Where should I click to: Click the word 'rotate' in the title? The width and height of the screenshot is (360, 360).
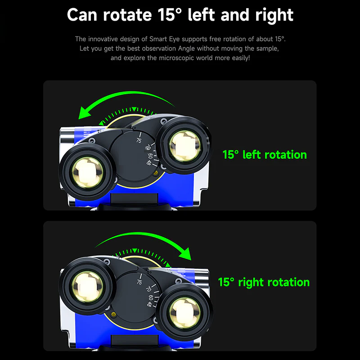(128, 15)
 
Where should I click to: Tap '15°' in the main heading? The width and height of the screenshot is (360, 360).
(170, 15)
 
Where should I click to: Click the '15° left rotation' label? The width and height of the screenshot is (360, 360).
(265, 154)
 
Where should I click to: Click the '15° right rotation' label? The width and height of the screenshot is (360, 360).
(264, 282)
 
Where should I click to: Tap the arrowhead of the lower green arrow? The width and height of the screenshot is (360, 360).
(185, 254)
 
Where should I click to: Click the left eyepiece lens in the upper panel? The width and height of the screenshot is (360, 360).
(87, 172)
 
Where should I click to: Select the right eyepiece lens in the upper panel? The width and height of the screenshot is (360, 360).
(184, 146)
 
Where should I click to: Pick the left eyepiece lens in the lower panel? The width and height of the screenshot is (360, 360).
(87, 287)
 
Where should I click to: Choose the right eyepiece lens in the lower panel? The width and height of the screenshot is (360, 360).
(184, 313)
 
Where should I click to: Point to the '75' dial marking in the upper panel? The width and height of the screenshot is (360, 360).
(139, 140)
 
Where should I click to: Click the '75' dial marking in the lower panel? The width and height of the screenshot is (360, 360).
(139, 282)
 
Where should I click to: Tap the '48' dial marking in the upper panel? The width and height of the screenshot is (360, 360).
(149, 162)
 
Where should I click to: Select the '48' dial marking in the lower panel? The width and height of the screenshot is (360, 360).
(149, 304)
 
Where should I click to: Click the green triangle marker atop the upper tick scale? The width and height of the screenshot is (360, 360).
(134, 109)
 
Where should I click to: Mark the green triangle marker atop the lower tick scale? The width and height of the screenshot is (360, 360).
(135, 250)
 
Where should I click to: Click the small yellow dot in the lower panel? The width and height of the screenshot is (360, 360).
(113, 314)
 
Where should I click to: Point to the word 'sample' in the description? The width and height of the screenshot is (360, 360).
(267, 49)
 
